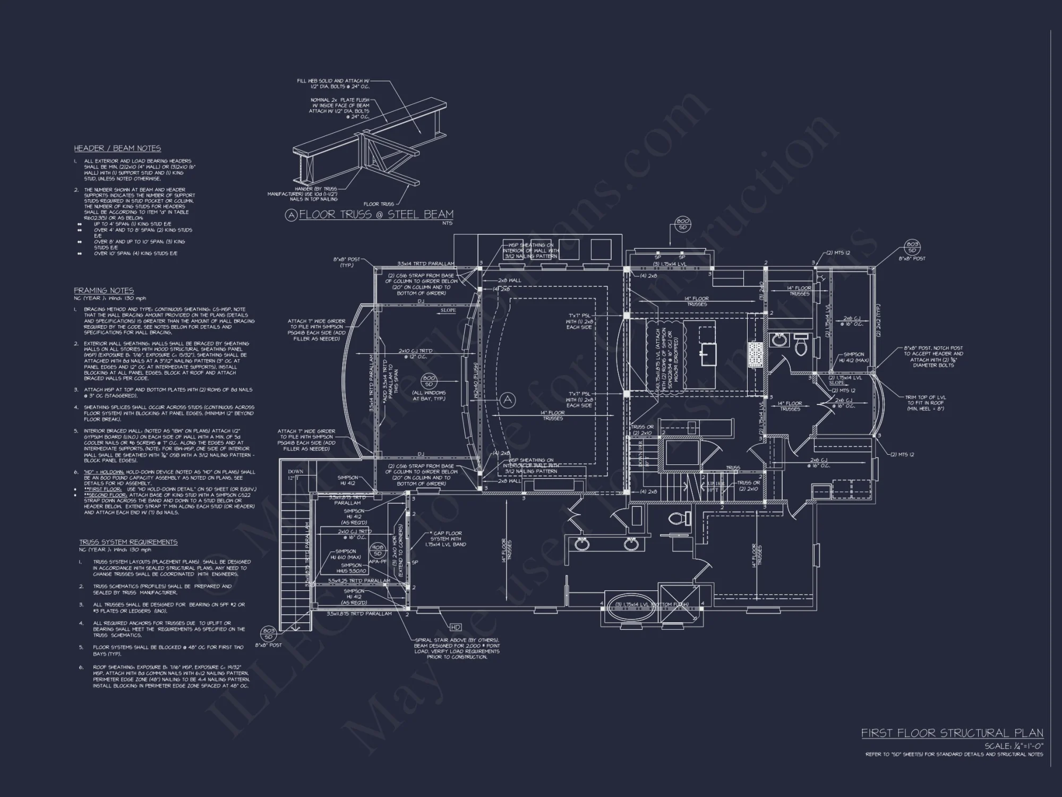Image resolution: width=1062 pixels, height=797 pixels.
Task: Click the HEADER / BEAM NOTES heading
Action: pos(117,148)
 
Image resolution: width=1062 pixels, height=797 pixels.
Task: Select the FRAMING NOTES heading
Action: pos(104,291)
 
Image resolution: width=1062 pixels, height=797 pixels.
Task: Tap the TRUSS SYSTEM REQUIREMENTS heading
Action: pos(128,542)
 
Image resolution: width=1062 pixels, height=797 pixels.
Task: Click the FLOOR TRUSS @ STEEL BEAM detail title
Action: pos(376,215)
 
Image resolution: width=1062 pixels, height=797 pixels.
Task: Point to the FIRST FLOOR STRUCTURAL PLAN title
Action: pos(952,733)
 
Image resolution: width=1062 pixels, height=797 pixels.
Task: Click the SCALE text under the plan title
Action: pos(1013,746)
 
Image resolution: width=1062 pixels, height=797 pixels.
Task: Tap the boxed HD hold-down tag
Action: pos(455,628)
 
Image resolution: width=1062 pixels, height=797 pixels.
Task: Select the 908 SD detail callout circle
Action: pos(378,550)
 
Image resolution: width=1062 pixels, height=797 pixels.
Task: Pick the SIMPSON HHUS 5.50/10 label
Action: pos(352,568)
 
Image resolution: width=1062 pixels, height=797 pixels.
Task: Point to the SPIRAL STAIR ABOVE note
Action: pos(457,648)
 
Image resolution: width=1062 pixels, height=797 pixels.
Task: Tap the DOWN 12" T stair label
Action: pos(295,474)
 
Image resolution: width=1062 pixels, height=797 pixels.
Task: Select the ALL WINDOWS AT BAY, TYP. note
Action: pos(429,395)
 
